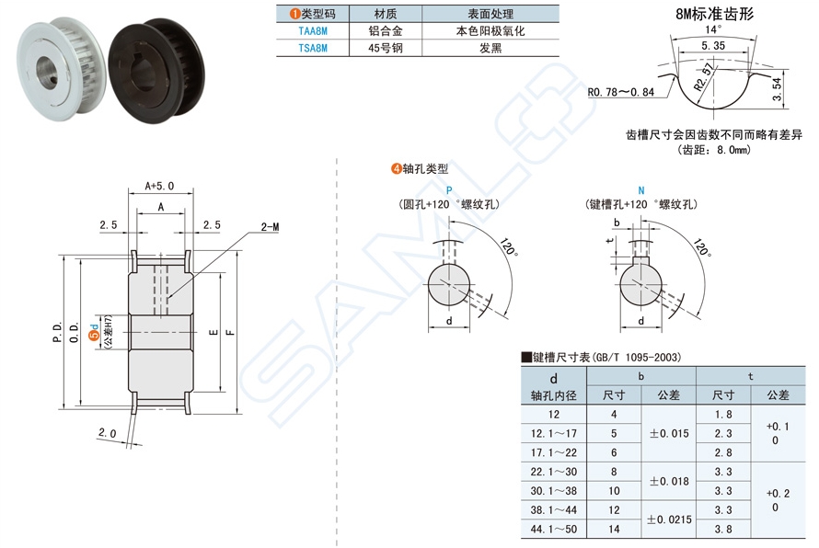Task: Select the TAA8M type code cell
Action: pos(312,30)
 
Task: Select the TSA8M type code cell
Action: pos(312,48)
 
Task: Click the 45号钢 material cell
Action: pos(386,48)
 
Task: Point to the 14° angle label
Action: pos(713,29)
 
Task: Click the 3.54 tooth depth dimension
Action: pos(776,89)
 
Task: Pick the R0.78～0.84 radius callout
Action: pos(620,92)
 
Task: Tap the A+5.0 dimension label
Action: pos(159,185)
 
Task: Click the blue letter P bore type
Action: pos(448,189)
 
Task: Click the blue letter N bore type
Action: pos(640,189)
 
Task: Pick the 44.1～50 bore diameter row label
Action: pos(553,529)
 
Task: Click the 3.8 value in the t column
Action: pos(722,529)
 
